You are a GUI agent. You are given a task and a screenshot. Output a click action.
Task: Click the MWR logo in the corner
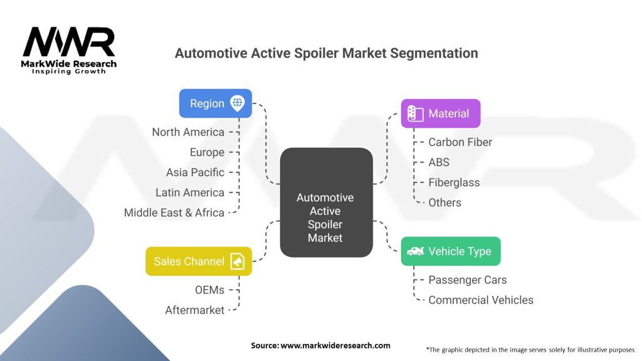(69, 49)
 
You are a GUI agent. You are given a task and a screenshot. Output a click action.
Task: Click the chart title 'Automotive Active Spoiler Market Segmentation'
(326, 53)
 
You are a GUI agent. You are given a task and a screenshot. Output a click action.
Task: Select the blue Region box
(215, 103)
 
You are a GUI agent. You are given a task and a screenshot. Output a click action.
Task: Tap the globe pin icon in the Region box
(237, 103)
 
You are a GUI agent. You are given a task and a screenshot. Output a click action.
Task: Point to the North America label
(188, 132)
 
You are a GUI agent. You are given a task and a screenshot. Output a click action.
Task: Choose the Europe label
(207, 152)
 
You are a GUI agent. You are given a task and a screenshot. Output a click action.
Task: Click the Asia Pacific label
(195, 172)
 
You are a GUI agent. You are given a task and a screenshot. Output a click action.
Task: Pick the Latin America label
(190, 192)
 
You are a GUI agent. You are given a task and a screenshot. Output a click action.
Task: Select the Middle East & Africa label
(174, 212)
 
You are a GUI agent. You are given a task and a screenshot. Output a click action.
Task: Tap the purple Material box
(440, 113)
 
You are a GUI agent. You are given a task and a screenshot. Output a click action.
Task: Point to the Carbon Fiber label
(460, 142)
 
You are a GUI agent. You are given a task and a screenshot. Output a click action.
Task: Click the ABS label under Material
(439, 162)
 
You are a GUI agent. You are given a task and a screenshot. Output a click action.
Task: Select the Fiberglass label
(454, 182)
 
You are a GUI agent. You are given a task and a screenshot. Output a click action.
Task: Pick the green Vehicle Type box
(450, 251)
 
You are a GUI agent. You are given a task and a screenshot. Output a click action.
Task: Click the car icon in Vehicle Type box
(415, 251)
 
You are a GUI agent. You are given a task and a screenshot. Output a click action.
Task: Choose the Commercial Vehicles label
(481, 300)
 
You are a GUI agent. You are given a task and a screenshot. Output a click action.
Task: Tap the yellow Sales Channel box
(198, 261)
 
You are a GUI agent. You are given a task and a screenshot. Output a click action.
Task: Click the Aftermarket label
(194, 310)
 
